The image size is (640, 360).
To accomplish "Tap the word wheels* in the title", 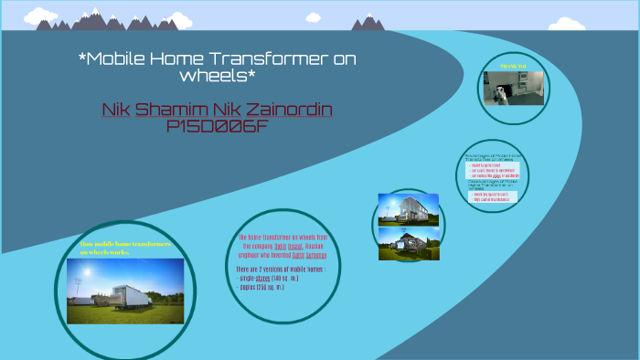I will point(218,76).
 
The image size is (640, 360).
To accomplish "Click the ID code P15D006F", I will point(218,127).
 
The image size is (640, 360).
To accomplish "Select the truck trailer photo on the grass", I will point(125,291).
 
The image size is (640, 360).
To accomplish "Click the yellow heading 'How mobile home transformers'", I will point(125,244).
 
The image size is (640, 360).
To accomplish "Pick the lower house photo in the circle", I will point(408,243).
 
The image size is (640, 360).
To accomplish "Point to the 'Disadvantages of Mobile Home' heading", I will point(494,184).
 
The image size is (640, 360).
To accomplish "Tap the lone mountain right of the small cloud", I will point(368,22).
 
